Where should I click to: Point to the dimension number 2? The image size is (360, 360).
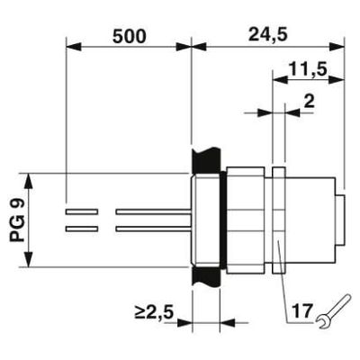pyautogui.click(x=309, y=101)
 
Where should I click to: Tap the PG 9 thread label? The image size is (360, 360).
pyautogui.click(x=18, y=220)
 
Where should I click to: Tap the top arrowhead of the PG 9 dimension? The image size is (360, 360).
pyautogui.click(x=31, y=177)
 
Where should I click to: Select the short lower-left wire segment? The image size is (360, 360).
pyautogui.click(x=82, y=229)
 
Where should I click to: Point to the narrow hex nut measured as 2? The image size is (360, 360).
pyautogui.click(x=278, y=220)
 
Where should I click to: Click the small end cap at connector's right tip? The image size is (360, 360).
pyautogui.click(x=342, y=220)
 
